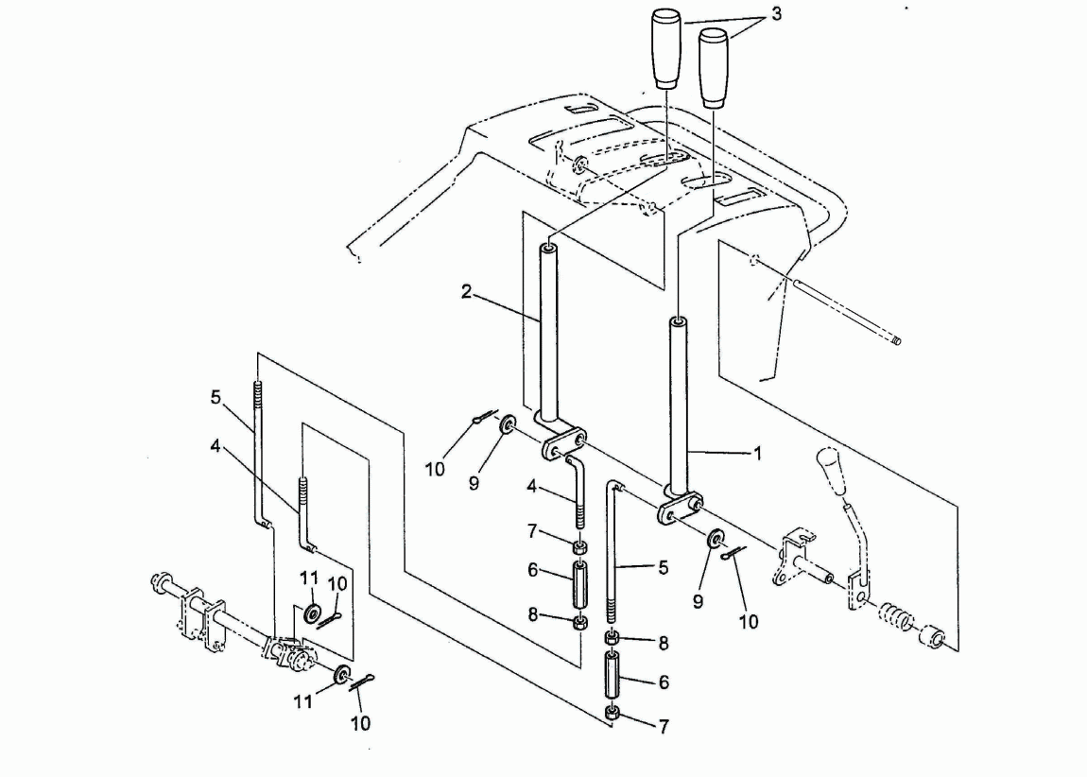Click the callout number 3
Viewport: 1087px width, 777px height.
[x=776, y=14]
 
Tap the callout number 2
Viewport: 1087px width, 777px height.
[x=467, y=292]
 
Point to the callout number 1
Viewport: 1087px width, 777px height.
[x=758, y=454]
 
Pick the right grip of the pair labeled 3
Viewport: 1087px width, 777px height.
[x=714, y=68]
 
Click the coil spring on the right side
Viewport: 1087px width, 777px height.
[x=897, y=616]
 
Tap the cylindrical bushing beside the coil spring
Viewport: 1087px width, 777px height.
[x=932, y=636]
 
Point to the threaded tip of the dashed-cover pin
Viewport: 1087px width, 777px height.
[x=896, y=340]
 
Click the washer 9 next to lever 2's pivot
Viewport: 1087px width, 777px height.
[x=508, y=424]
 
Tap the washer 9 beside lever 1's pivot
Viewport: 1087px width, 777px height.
[x=715, y=539]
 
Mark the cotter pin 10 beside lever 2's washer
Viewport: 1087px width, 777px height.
[x=485, y=417]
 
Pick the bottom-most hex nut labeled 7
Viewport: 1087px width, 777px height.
[x=613, y=713]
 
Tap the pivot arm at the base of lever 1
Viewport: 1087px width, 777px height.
[x=680, y=508]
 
